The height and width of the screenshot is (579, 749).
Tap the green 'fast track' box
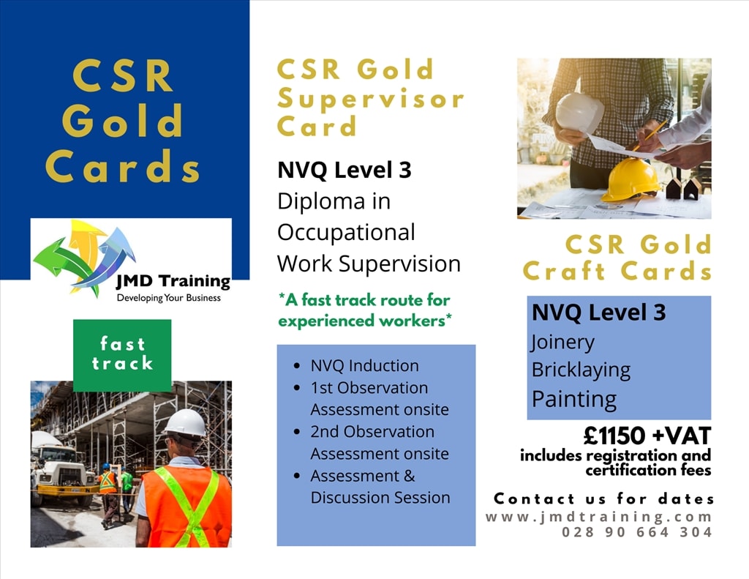coord(122,354)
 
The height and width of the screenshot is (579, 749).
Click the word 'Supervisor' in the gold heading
coord(371,98)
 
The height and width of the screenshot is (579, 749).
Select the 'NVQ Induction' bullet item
coord(364,366)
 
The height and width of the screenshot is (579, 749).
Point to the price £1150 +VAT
coord(647,436)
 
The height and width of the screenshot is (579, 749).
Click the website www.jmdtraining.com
coord(599,517)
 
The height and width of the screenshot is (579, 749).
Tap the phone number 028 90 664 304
coord(637,532)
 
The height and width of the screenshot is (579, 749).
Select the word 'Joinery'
coord(562,342)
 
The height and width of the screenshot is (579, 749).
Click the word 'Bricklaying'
coord(581,370)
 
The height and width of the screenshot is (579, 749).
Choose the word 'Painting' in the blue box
coord(574,399)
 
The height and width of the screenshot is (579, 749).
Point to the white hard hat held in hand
coord(579,113)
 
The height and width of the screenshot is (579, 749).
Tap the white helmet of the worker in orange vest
coord(185,423)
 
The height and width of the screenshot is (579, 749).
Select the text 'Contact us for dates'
coord(604,499)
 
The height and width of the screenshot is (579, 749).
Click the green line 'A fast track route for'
coord(364,300)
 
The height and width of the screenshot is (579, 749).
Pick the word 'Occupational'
coord(346,232)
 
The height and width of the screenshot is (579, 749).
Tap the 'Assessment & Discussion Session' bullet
coord(380,487)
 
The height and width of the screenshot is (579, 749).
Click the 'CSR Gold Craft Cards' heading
coord(617,258)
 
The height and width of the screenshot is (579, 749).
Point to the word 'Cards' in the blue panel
coord(123,166)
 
